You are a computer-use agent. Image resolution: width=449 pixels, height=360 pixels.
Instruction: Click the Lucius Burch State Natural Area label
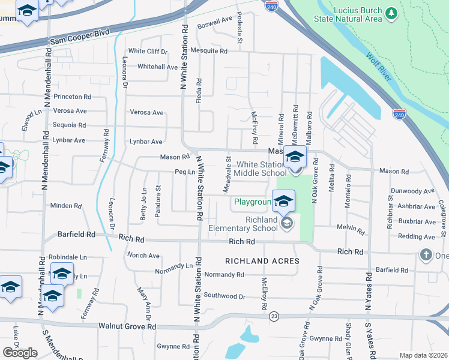click(348, 15)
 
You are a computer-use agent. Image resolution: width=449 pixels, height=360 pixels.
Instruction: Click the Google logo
click(20, 353)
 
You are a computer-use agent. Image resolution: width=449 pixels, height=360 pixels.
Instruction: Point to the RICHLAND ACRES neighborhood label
click(262, 261)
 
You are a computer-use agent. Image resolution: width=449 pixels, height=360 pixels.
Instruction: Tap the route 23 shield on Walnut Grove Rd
click(274, 316)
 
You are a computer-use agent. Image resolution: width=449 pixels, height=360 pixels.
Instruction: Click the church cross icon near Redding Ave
click(426, 254)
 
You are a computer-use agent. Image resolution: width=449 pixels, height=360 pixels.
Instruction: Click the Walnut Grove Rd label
click(127, 326)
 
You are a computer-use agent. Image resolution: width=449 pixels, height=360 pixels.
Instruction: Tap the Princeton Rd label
click(72, 96)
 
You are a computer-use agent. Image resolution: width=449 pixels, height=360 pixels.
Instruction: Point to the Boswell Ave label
click(215, 19)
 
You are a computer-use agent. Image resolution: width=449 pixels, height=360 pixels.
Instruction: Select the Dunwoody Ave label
click(412, 191)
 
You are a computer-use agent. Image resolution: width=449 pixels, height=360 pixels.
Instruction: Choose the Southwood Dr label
click(224, 296)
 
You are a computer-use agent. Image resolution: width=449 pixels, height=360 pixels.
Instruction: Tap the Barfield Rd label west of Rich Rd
click(76, 234)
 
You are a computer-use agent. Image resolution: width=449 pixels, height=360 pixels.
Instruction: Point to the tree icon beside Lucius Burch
click(391, 12)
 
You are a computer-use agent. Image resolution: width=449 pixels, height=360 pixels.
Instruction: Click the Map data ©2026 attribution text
click(423, 355)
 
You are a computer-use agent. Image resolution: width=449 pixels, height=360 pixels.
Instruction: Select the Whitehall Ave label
click(158, 67)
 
